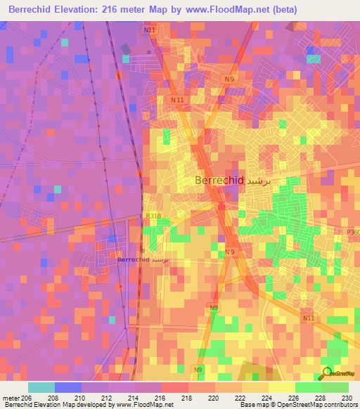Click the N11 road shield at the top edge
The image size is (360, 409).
149,30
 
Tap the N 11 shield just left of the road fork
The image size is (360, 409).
177,100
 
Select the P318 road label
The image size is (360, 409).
152,216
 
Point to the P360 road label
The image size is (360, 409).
352,232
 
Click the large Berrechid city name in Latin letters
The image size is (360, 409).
219,181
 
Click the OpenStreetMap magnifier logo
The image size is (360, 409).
327,372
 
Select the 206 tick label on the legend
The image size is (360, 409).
26,398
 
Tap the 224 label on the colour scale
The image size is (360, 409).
268,398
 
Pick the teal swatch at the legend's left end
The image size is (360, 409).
41,387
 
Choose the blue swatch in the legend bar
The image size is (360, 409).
68,387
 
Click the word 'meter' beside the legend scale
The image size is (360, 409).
11,398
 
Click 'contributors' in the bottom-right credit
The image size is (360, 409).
339,405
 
